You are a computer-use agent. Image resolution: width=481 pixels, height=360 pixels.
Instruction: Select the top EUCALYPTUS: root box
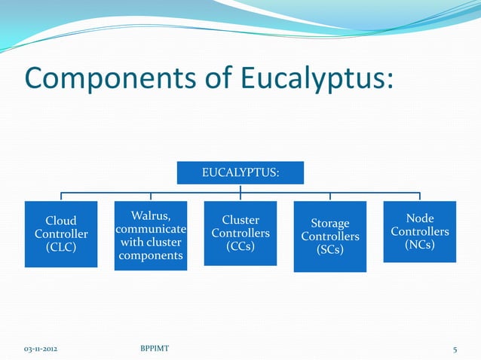tap(240, 172)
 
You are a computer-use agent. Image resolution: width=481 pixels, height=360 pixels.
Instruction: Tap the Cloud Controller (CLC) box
tap(61, 234)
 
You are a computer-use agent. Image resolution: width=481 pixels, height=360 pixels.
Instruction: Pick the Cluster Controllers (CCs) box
tap(240, 234)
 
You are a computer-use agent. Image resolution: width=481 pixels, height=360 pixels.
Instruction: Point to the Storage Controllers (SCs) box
tap(329, 236)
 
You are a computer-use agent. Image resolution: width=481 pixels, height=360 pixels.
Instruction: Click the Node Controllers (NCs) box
tap(419, 232)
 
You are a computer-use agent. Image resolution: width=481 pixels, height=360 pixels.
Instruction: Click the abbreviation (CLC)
tap(61, 247)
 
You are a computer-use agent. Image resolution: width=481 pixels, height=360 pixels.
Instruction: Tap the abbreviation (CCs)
tap(240, 246)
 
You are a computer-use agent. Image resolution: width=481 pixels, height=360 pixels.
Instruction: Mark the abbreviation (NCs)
tap(419, 245)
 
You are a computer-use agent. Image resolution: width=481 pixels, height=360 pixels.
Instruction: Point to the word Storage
tap(330, 223)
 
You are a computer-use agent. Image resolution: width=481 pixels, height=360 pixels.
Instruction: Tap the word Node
tap(420, 218)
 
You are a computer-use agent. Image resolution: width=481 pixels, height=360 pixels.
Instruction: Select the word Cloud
tap(61, 221)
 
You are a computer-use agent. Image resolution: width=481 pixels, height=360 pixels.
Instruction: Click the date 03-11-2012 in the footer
tap(42, 349)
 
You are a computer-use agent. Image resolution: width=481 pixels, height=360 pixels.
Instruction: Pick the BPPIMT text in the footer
tap(155, 349)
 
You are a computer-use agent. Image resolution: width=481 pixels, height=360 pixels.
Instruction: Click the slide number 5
tap(455, 349)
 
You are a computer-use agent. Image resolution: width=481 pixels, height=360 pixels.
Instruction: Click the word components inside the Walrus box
tap(150, 256)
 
